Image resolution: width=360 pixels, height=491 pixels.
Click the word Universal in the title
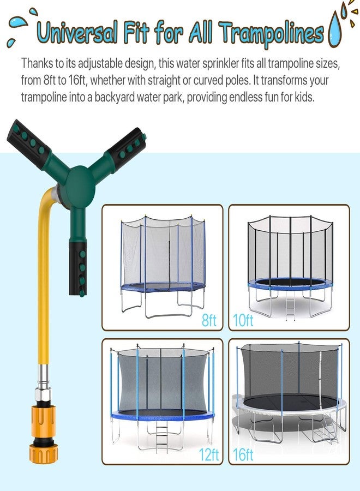click(77, 32)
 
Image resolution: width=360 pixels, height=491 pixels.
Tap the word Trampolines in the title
click(272, 33)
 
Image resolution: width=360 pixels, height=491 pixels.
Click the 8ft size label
click(209, 320)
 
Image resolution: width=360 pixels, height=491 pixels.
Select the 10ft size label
click(243, 320)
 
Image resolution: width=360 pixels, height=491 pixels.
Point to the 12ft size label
click(209, 454)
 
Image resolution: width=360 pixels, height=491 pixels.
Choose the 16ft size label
click(243, 454)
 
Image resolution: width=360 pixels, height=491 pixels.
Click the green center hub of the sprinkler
click(80, 187)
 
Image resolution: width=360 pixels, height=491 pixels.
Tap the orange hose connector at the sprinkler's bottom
click(44, 434)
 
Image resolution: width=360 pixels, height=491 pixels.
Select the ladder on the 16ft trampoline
click(329, 428)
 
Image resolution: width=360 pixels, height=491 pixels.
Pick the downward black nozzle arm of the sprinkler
click(78, 268)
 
